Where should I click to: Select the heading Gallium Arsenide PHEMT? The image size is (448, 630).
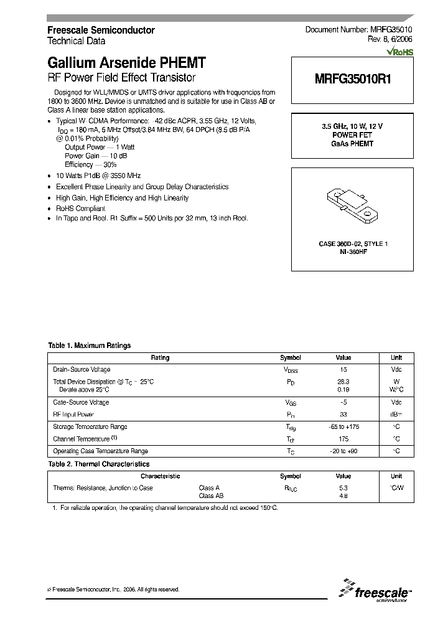126,63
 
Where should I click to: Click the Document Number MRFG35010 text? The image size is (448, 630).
358,30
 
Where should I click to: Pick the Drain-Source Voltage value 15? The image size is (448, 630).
343,370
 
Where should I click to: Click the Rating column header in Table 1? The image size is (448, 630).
160,358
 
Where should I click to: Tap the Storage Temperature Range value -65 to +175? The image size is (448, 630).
343,427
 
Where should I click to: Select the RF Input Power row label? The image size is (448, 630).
73,414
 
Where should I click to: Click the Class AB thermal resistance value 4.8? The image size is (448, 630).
343,496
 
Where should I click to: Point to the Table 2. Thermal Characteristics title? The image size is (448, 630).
99,464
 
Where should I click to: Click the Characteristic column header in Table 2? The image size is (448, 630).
160,476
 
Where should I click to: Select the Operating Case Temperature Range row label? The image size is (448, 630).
100,451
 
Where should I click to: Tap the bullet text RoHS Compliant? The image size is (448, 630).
80,209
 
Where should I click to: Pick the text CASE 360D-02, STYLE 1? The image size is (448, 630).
353,243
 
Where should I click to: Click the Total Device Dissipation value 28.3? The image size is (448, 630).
343,381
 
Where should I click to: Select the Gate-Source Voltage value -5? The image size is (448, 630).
343,402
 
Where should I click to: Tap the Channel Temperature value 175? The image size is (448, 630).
343,439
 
